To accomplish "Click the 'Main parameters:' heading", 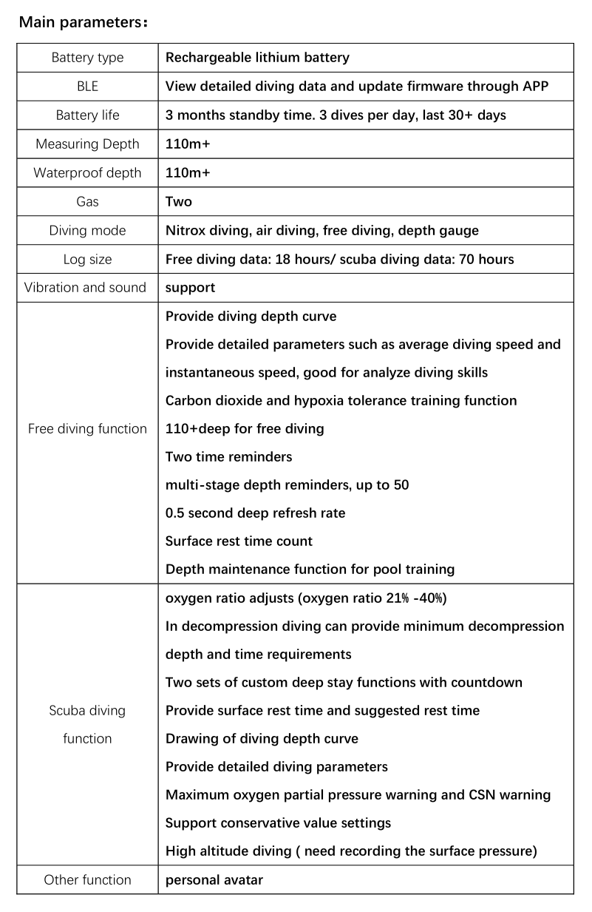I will click(84, 21).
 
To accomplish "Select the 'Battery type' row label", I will click(87, 58).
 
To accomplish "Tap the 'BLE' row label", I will click(87, 87).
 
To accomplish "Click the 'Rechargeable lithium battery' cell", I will click(257, 58).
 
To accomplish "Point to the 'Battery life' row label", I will click(87, 115).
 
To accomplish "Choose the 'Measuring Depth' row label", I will click(87, 144).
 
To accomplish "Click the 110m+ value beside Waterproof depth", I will click(188, 173).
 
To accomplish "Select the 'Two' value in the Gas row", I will click(179, 202).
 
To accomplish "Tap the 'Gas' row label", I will click(87, 202).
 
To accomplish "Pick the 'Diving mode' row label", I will click(87, 231).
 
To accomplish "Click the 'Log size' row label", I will click(87, 260).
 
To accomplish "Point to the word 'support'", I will click(191, 288).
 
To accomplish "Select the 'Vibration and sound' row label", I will click(86, 288).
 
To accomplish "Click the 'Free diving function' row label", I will click(87, 429).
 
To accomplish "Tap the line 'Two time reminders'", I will click(228, 457).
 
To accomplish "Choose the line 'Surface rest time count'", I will click(239, 541).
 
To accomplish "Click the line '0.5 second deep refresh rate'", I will click(255, 513).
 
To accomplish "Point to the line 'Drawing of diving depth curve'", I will click(262, 739).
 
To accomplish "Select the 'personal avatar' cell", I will click(214, 880).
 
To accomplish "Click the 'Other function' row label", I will click(87, 880).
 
